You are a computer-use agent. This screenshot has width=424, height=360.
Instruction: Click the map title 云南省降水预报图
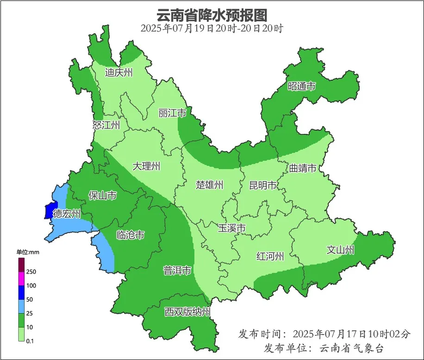tap(212, 15)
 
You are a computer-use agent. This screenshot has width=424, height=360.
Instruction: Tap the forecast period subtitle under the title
tap(212, 28)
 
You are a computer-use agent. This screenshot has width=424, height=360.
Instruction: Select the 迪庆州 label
tap(119, 72)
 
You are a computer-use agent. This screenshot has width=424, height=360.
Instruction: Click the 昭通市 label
tap(301, 86)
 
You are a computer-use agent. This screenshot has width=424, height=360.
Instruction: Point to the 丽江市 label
tap(172, 113)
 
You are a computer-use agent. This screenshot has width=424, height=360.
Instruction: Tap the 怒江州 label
tap(106, 125)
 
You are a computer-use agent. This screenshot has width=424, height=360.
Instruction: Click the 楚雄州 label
tap(209, 185)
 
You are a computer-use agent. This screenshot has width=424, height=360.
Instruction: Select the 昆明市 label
tap(262, 186)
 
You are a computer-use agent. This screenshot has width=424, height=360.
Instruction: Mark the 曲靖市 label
tap(303, 168)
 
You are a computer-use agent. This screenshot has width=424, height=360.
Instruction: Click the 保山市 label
tap(102, 196)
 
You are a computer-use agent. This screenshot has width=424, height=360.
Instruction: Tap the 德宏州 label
tap(67, 214)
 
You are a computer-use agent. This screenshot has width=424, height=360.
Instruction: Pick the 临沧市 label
tap(130, 235)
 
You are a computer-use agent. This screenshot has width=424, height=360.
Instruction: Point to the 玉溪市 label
tap(231, 228)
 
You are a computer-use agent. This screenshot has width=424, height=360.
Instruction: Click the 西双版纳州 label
tap(187, 312)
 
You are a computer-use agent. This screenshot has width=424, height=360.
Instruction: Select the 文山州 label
tap(340, 250)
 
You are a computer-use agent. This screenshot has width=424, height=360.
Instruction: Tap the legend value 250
tap(31, 272)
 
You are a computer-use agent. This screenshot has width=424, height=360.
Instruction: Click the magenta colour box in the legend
tap(21, 279)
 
